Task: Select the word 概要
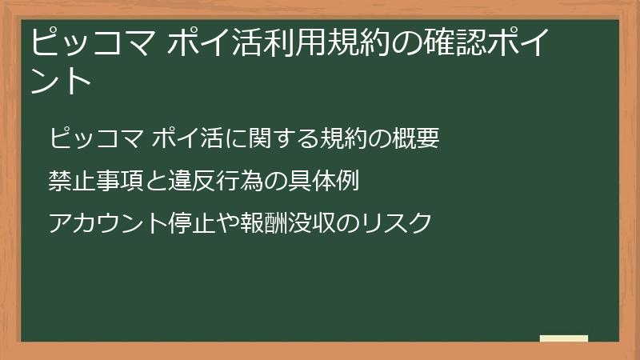pos(416,139)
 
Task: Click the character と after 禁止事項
pos(154,181)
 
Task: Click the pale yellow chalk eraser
pos(564,339)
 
